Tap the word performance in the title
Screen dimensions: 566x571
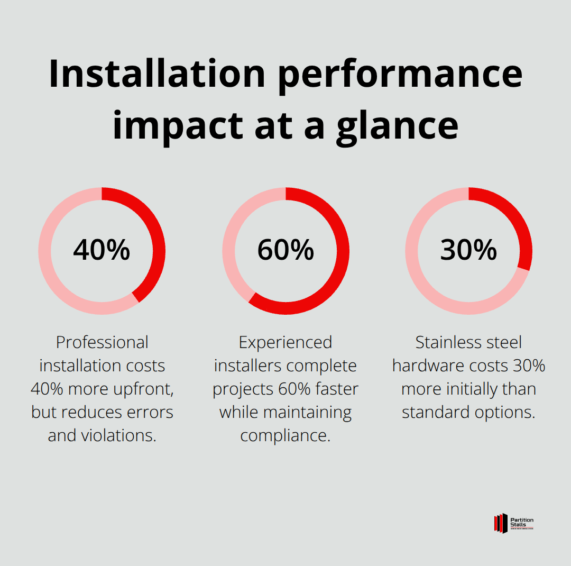400,74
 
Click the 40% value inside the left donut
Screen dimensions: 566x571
102,250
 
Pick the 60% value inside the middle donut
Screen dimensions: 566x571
285,250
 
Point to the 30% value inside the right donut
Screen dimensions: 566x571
468,250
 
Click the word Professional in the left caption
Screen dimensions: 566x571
102,343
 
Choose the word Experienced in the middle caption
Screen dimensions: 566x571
285,343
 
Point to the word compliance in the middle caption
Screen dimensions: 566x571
285,436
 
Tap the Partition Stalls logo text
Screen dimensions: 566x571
522,522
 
